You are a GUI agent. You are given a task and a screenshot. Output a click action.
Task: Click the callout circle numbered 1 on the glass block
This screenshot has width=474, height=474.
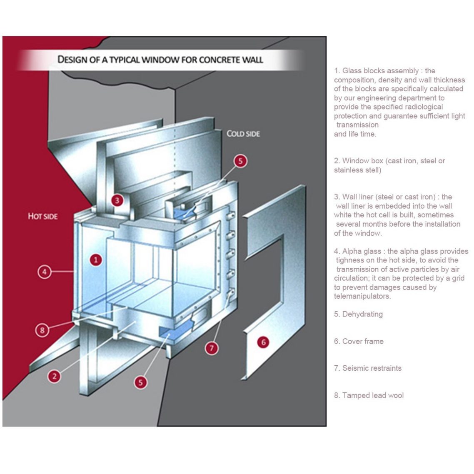pos(96,260)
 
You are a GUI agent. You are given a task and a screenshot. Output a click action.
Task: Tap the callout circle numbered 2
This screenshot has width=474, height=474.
pos(54,376)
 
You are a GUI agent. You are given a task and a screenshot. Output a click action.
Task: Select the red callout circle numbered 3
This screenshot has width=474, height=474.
pos(117,200)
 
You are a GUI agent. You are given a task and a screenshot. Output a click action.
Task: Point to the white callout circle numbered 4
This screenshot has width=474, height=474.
pos(45,272)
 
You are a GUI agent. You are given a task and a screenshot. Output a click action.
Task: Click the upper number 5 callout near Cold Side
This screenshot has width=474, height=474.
pos(240,161)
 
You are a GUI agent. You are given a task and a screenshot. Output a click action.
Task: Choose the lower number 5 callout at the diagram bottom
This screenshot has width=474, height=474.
pos(141,382)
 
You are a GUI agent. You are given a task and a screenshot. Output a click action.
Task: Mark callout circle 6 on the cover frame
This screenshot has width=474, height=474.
pos(263,342)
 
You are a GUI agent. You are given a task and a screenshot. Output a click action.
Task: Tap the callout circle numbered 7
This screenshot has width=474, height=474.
pos(212,347)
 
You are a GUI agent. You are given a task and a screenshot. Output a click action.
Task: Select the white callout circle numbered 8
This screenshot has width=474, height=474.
pos(42,330)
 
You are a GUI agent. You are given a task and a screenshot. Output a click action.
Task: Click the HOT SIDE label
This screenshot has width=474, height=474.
pos(42,216)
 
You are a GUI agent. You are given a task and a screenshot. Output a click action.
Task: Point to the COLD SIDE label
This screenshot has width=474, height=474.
pos(243,134)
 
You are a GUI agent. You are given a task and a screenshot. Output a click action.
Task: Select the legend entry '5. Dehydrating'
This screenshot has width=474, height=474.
pos(358,314)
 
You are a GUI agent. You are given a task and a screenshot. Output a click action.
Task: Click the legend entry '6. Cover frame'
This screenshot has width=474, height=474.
pos(359,341)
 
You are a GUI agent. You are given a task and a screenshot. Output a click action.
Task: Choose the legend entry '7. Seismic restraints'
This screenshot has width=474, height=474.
pos(368,368)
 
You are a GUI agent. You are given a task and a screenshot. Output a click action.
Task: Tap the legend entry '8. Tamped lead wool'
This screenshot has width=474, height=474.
pos(369,395)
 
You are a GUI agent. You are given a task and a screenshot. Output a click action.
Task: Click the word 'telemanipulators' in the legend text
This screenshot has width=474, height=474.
pos(362,296)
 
